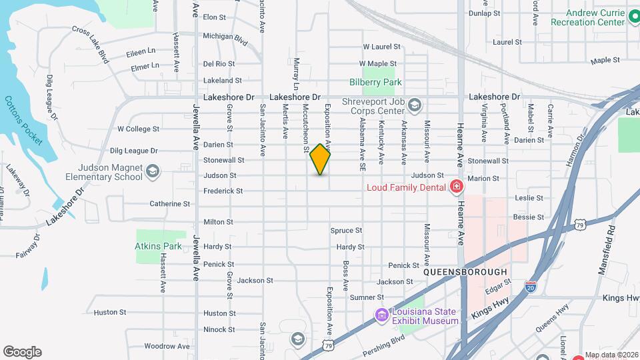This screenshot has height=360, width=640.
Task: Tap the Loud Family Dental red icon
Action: click(457, 187)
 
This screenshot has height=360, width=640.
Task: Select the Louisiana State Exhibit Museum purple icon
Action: click(381, 315)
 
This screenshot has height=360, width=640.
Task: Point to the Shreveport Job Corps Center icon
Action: click(414, 105)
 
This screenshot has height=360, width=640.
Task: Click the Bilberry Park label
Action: click(376, 82)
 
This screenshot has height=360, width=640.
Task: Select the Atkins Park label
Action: click(159, 246)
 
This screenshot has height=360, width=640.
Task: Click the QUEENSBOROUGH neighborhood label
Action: click(465, 273)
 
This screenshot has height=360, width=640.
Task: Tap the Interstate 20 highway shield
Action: click(531, 286)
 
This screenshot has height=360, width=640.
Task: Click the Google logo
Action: click(22, 352)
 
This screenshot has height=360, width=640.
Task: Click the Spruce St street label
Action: click(346, 231)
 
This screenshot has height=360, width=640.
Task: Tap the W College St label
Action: click(138, 129)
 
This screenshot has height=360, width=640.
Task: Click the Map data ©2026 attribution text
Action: click(611, 355)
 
